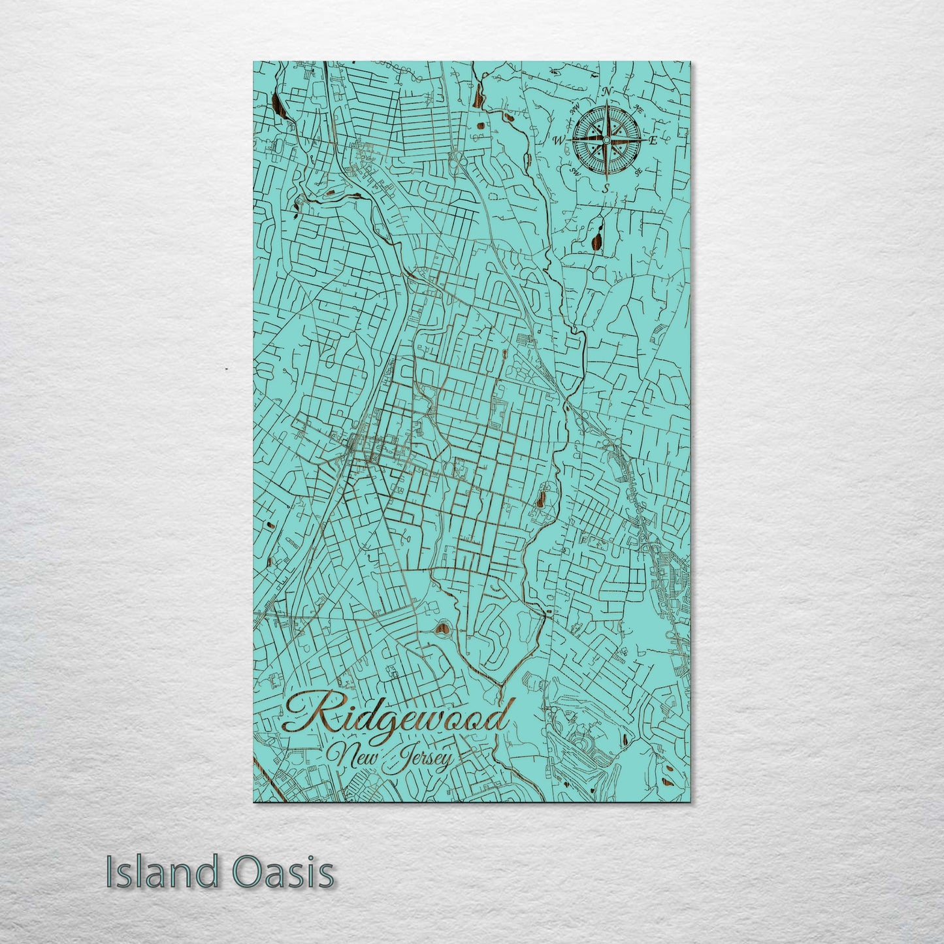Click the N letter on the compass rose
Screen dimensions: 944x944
(x=606, y=91)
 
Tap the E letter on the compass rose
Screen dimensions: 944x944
(x=652, y=140)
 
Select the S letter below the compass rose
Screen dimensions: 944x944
(x=606, y=188)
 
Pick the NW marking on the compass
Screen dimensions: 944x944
(x=574, y=108)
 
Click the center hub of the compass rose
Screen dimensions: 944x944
(x=606, y=140)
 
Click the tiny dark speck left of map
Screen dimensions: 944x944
(x=226, y=369)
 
